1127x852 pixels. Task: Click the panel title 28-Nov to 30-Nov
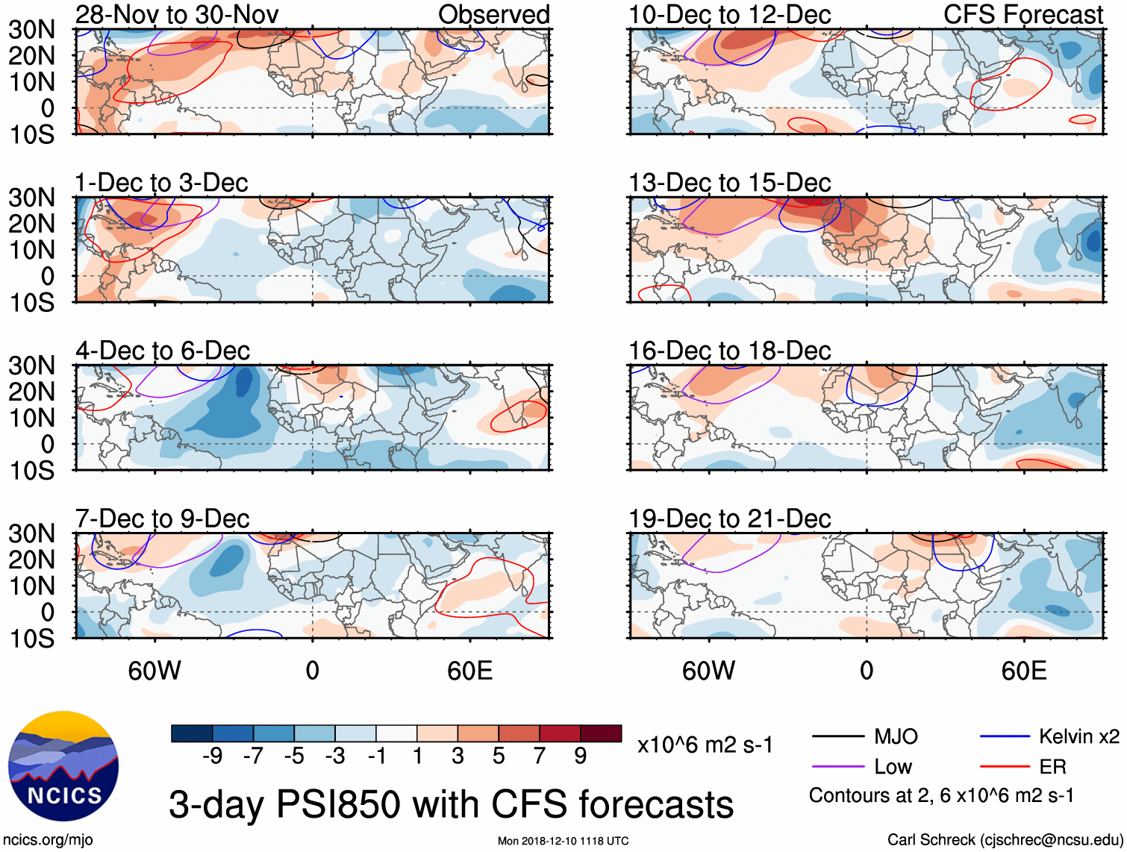[x=177, y=14]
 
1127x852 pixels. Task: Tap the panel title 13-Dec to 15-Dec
[x=729, y=183]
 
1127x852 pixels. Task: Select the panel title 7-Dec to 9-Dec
[x=162, y=519]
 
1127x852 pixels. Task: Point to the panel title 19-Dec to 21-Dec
[x=729, y=519]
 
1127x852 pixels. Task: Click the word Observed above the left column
[x=493, y=14]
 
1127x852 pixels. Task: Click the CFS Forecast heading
[x=1023, y=14]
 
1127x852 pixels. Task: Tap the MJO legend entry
[x=896, y=737]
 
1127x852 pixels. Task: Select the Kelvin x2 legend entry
[x=1078, y=737]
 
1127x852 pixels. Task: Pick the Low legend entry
[x=893, y=767]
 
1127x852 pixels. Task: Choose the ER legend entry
[x=1052, y=767]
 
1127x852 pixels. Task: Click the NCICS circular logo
[x=63, y=766]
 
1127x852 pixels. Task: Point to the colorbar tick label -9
[x=212, y=757]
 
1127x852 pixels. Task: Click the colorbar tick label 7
[x=540, y=757]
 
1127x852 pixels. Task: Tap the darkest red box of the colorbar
[x=601, y=733]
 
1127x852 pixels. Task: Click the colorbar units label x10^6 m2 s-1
[x=705, y=745]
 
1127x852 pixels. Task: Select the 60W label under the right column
[x=708, y=671]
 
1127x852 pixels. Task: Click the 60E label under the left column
[x=469, y=671]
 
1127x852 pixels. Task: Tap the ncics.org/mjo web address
[x=48, y=840]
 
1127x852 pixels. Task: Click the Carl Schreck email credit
[x=1005, y=840]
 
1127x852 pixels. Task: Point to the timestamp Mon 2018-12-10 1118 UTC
[x=563, y=842]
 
